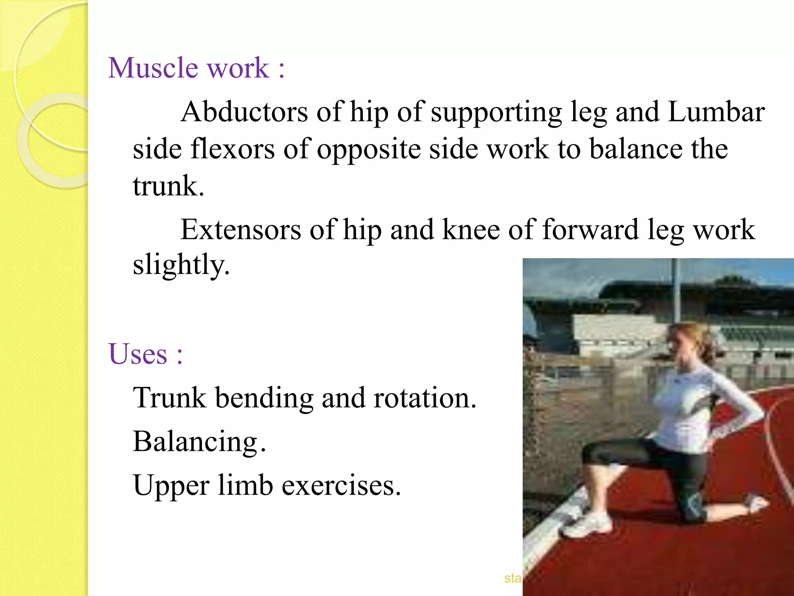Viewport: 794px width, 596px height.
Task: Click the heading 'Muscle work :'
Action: pos(196,68)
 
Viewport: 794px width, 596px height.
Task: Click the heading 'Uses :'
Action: pos(145,354)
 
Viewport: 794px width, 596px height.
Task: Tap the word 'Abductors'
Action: pos(244,112)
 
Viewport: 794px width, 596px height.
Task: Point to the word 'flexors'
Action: pos(233,149)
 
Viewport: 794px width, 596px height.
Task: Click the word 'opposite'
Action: pos(369,150)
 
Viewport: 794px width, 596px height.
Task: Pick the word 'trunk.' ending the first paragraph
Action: pos(168,186)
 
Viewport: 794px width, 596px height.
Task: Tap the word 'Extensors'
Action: pos(241,230)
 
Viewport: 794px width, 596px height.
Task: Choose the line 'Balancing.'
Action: pos(199,442)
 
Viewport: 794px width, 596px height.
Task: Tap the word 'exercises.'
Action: pos(341,485)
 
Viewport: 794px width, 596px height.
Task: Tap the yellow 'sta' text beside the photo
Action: pos(513,578)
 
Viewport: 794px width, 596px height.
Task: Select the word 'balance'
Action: pos(636,149)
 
